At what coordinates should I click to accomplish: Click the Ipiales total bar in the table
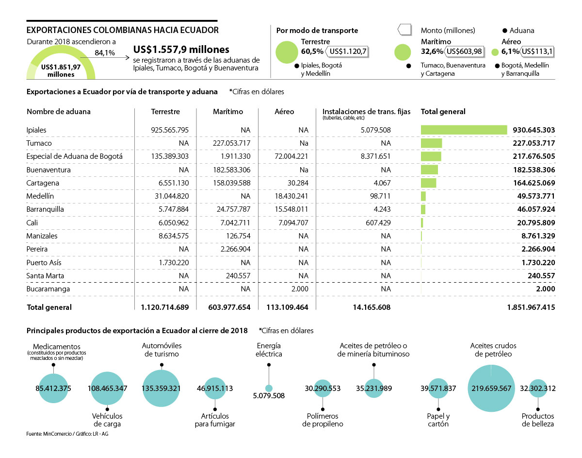click(x=464, y=130)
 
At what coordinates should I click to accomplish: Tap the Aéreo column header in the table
click(x=285, y=112)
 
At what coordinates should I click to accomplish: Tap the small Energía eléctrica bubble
click(x=269, y=388)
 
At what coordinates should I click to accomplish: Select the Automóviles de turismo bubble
click(x=162, y=389)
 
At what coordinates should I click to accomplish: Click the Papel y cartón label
click(x=438, y=420)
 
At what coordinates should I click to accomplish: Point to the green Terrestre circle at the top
click(x=286, y=52)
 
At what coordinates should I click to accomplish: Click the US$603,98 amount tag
click(x=463, y=51)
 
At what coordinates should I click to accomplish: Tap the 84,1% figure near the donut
click(x=105, y=53)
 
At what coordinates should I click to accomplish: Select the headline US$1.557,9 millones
click(x=181, y=50)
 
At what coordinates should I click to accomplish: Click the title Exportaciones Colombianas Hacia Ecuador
click(x=122, y=30)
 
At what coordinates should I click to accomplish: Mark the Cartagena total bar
click(x=428, y=183)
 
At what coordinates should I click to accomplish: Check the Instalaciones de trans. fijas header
click(x=366, y=112)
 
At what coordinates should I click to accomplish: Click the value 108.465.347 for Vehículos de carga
click(x=107, y=389)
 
